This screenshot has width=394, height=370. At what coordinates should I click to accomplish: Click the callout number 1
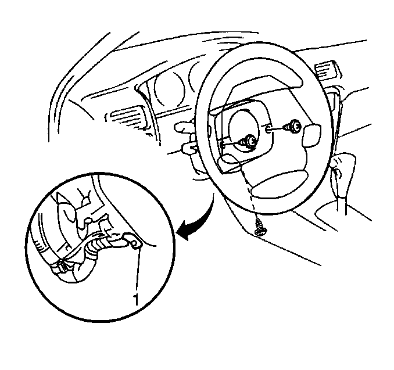136,299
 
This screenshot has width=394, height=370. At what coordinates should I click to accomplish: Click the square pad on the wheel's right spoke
312,135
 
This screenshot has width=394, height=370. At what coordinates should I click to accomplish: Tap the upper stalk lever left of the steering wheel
185,127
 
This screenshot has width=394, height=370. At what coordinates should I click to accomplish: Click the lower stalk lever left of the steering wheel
189,149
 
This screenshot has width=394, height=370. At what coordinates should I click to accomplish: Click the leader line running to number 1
138,270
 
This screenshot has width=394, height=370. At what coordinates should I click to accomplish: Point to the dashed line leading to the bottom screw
249,192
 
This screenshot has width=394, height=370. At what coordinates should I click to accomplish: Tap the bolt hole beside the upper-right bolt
268,130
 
